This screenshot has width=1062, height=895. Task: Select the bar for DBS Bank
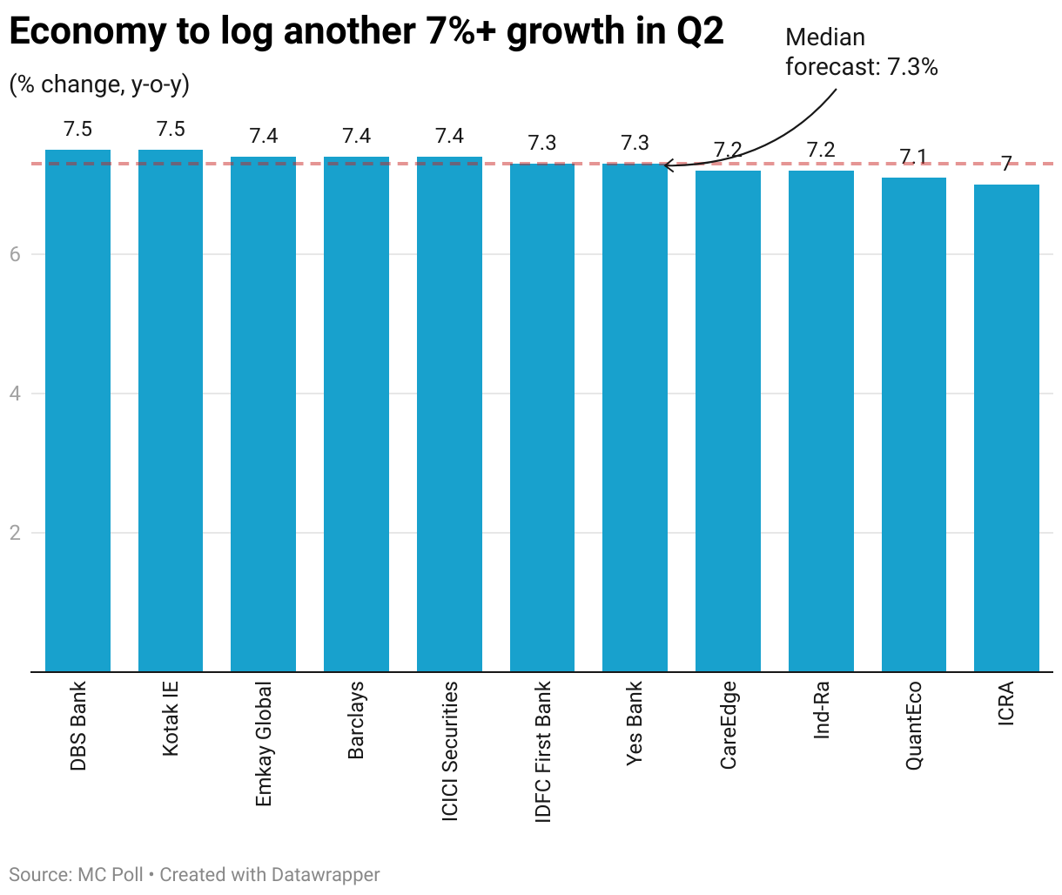pyautogui.click(x=77, y=410)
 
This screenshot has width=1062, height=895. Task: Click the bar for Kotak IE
pyautogui.click(x=171, y=410)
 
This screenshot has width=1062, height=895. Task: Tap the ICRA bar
pyautogui.click(x=1006, y=427)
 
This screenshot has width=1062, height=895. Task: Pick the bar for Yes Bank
pyautogui.click(x=635, y=417)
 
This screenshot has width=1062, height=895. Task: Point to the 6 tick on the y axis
pyautogui.click(x=15, y=254)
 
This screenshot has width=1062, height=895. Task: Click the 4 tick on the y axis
pyautogui.click(x=15, y=394)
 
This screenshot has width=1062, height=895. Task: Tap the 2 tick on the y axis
pyautogui.click(x=15, y=533)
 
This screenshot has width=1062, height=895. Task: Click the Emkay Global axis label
pyautogui.click(x=264, y=744)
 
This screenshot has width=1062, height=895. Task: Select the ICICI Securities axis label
pyautogui.click(x=449, y=750)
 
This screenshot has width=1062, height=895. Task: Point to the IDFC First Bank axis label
pyautogui.click(x=542, y=751)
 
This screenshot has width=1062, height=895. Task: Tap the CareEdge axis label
pyautogui.click(x=728, y=725)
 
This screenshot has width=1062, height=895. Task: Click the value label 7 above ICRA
pyautogui.click(x=1006, y=164)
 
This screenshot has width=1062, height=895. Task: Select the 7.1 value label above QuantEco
pyautogui.click(x=914, y=157)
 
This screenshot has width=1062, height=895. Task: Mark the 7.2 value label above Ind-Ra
pyautogui.click(x=821, y=150)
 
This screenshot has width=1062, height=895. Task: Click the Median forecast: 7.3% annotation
pyautogui.click(x=861, y=52)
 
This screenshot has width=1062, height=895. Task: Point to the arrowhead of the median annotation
pyautogui.click(x=666, y=165)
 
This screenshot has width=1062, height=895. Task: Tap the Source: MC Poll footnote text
pyautogui.click(x=76, y=874)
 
